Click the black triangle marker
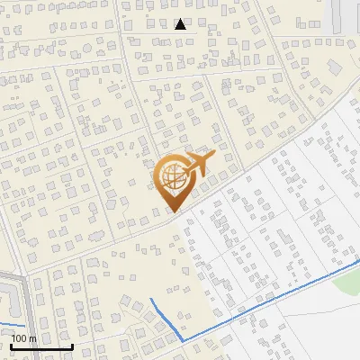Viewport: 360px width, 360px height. click(180, 24)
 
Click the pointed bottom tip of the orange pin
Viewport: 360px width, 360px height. click(172, 211)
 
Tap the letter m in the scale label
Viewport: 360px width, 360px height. click(32, 338)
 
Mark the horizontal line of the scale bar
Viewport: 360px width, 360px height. click(41, 346)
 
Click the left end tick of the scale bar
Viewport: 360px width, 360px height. click(11, 345)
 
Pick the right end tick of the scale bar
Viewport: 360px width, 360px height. click(72, 345)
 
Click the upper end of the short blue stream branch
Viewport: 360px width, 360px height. click(151, 300)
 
